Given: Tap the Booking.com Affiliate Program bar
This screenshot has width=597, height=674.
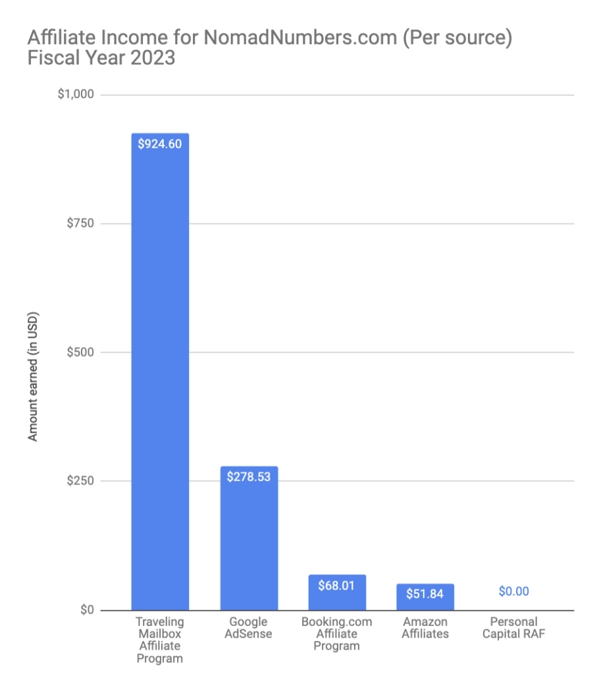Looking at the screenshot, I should [x=337, y=592].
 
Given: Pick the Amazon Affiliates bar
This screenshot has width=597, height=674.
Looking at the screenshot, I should [x=425, y=597].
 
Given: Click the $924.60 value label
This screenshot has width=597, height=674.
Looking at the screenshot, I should [x=160, y=143].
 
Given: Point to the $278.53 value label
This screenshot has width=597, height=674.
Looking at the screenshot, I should [x=249, y=477].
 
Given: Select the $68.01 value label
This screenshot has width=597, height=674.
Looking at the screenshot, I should [x=337, y=585].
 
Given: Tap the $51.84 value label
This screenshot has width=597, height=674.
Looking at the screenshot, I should [x=425, y=594].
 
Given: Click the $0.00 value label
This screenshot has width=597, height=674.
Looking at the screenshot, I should [x=513, y=591].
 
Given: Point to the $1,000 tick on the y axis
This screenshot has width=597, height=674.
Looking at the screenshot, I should [x=76, y=95].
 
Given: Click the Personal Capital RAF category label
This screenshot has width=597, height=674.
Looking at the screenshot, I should [x=513, y=628].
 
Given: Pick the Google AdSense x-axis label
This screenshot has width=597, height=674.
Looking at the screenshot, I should [x=249, y=628].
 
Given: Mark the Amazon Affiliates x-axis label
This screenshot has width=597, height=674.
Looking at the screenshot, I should [x=425, y=628].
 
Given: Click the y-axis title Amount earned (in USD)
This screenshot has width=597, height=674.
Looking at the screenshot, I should [x=33, y=367].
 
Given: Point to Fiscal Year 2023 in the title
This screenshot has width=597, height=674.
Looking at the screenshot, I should [x=101, y=58].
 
